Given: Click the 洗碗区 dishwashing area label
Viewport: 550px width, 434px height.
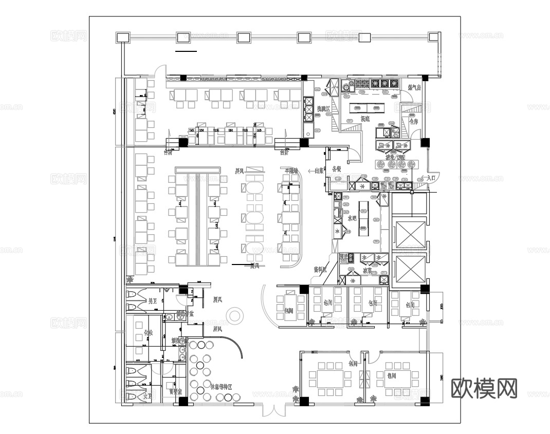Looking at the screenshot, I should [323, 109].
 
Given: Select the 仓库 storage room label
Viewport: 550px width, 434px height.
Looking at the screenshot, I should [413, 122].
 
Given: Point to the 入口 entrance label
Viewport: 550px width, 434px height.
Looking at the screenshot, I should [431, 177].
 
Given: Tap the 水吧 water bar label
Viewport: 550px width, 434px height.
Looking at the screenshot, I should [352, 218].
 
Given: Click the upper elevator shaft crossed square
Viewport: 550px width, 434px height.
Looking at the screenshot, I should [409, 234].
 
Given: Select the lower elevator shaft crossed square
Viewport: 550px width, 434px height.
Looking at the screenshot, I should [409, 269].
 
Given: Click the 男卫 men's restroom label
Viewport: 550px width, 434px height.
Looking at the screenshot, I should [153, 301].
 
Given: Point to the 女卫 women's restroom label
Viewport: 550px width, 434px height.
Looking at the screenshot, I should [148, 396].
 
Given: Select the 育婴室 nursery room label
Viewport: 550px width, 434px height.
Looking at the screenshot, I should [175, 391].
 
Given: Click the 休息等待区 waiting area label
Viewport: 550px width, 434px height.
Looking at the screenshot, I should [222, 386].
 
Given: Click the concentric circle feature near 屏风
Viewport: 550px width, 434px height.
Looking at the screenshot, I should [234, 315].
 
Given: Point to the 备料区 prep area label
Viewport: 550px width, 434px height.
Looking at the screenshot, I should [320, 269].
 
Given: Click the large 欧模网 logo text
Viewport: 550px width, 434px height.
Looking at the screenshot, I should [484, 388].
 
